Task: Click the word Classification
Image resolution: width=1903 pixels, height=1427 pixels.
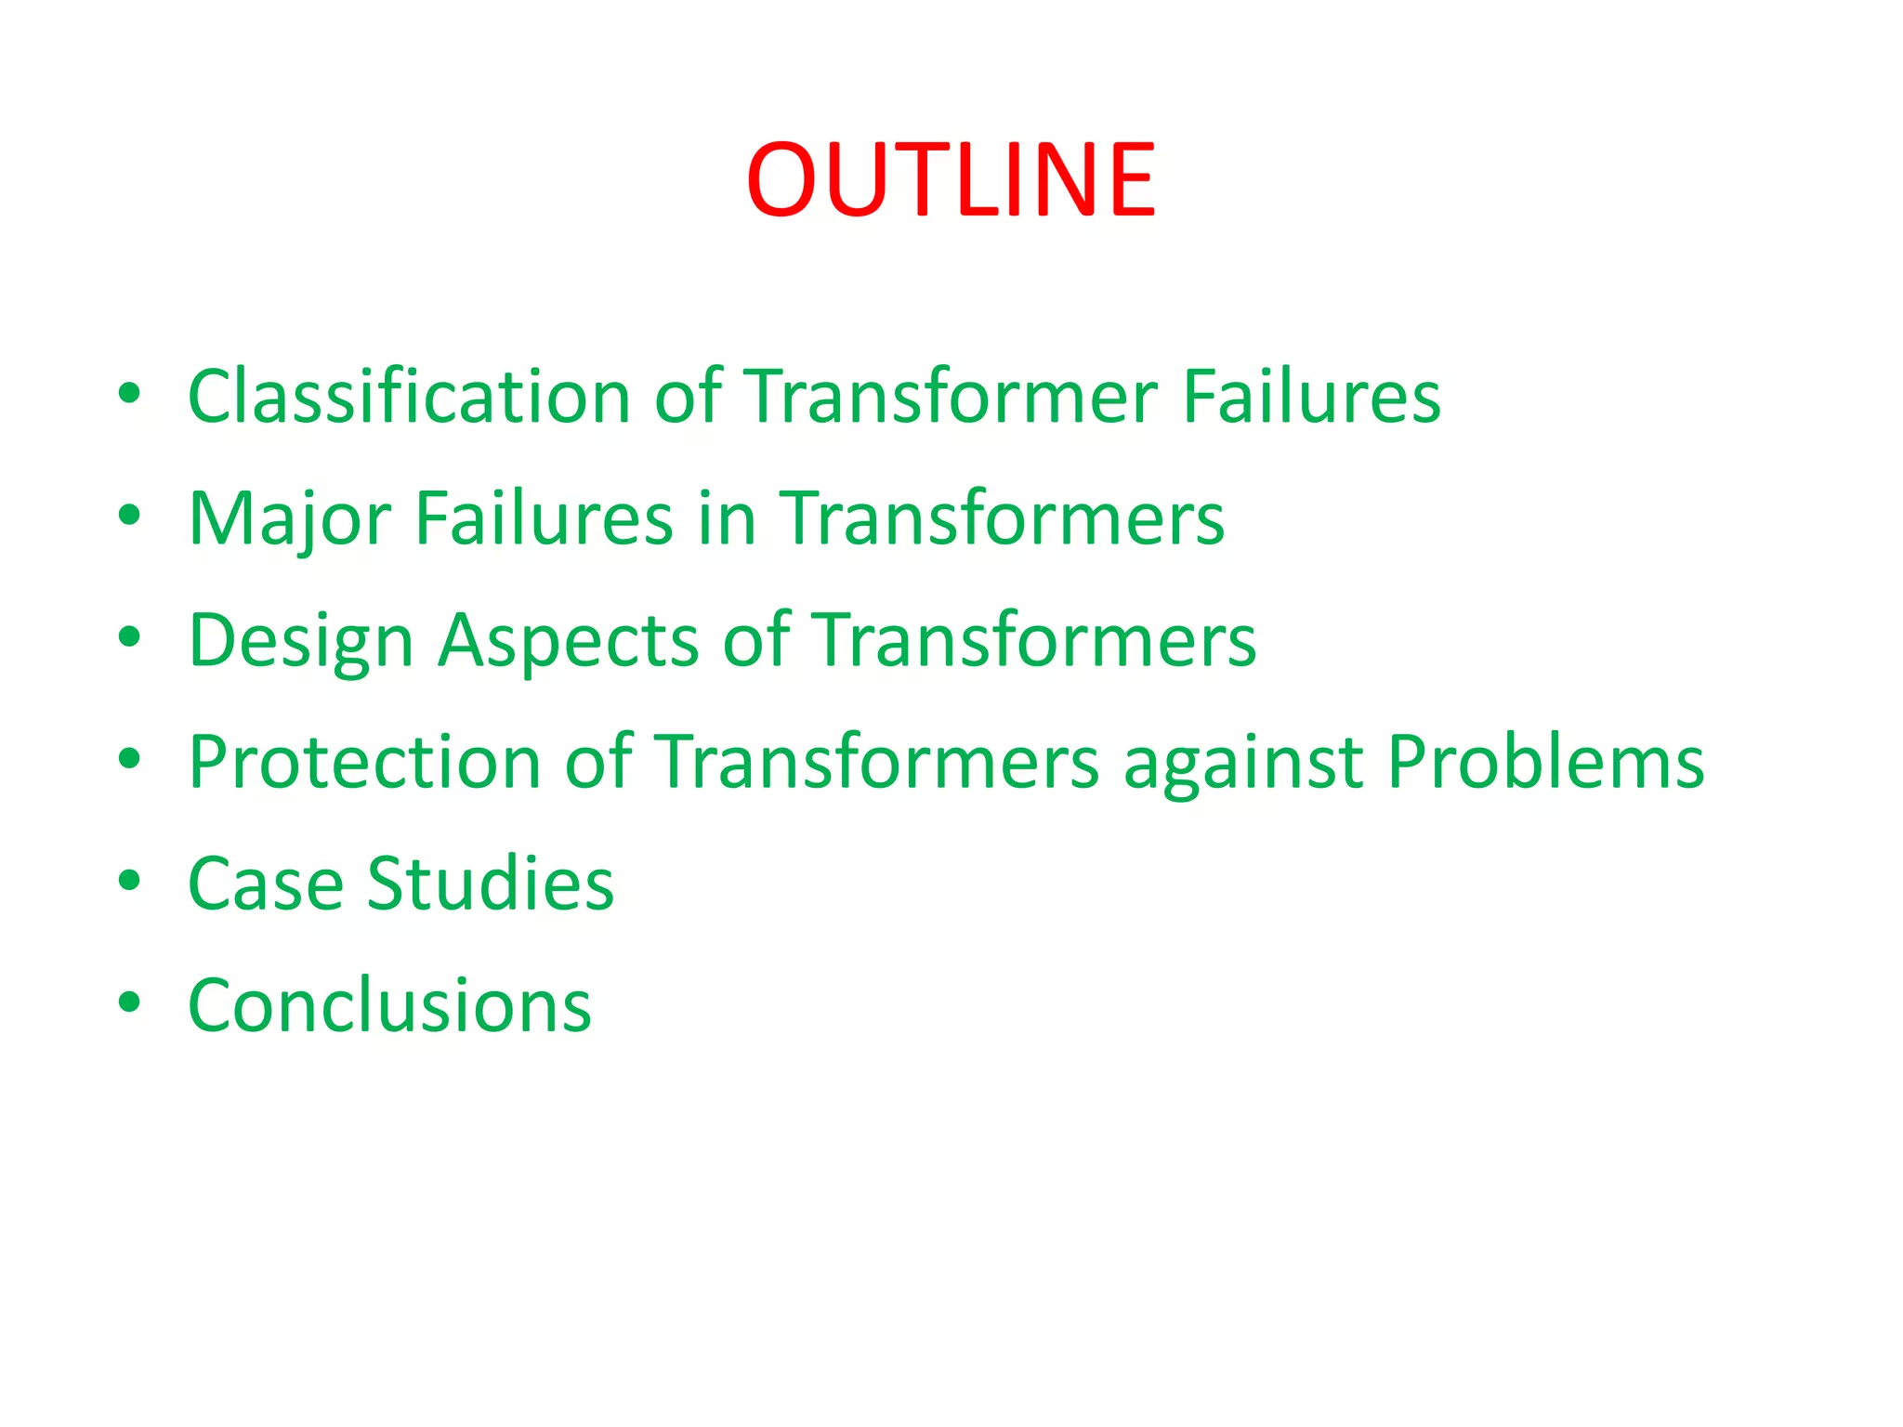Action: (x=409, y=397)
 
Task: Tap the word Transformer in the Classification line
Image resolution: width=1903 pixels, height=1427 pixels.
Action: (x=951, y=397)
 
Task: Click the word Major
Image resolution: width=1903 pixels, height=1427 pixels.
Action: (x=289, y=519)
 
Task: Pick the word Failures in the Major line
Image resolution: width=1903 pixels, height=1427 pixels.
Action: (x=544, y=517)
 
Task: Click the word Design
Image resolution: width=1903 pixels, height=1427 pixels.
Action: (x=300, y=641)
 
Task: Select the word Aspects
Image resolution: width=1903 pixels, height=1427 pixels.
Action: (x=568, y=641)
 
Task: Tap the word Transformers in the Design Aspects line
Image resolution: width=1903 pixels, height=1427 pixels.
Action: (x=1034, y=640)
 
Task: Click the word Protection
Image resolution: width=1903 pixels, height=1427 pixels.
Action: (x=364, y=762)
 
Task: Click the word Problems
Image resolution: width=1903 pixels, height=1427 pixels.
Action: (x=1545, y=762)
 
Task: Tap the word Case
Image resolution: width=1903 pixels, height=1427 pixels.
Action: (x=265, y=884)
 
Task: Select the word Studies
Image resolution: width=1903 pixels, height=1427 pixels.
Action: (x=490, y=884)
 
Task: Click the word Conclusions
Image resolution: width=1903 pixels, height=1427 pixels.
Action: (x=389, y=1005)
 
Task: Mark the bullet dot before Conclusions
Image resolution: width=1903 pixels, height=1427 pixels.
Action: (x=129, y=1002)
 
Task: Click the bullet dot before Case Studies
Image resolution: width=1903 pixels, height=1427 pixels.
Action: (x=129, y=881)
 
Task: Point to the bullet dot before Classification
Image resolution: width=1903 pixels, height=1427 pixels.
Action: (x=129, y=393)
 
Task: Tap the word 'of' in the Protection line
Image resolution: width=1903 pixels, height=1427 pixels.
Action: (x=598, y=762)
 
